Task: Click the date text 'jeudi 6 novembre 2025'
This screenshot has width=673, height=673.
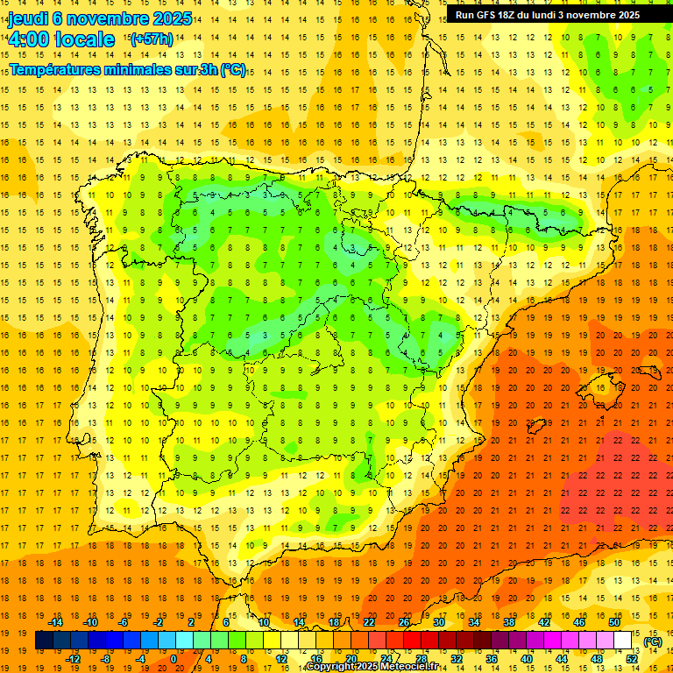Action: click(x=100, y=19)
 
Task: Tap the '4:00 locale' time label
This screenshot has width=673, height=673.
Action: click(x=61, y=40)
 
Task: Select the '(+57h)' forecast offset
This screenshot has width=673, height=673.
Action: click(x=152, y=39)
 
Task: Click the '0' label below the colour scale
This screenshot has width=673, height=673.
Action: click(x=173, y=658)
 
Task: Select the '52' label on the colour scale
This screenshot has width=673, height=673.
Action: click(x=632, y=658)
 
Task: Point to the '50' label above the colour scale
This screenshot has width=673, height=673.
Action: click(x=614, y=622)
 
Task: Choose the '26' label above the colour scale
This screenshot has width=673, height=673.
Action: click(x=404, y=622)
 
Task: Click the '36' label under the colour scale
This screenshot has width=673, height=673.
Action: click(x=492, y=658)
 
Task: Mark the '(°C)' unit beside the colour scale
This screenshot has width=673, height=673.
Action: click(x=653, y=641)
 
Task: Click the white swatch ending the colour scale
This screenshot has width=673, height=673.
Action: click(x=623, y=641)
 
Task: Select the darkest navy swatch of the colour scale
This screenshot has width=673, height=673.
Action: click(x=44, y=641)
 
